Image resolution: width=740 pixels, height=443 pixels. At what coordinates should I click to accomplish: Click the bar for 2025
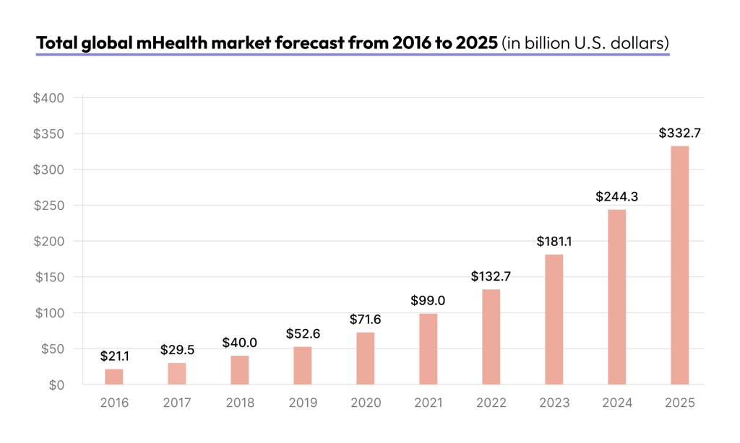click(679, 266)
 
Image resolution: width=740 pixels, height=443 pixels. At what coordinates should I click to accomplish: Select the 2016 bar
click(114, 377)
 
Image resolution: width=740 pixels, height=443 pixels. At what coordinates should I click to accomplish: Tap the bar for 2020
click(365, 359)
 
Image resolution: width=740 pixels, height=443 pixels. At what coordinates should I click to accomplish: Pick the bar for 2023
click(554, 320)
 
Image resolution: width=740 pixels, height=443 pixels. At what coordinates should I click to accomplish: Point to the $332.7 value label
click(679, 133)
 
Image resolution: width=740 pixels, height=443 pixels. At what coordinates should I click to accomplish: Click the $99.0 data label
click(428, 300)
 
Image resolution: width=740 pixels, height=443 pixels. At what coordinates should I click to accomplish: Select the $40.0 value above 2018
click(240, 343)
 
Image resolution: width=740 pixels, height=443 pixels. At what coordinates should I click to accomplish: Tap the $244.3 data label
click(616, 196)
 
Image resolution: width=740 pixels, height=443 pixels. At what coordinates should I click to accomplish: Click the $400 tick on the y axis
click(48, 97)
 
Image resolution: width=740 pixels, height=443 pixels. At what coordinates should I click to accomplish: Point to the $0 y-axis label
click(56, 385)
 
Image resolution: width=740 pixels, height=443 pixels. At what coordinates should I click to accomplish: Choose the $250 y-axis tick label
click(48, 206)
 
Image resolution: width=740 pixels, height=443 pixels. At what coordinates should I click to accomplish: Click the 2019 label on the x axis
click(302, 403)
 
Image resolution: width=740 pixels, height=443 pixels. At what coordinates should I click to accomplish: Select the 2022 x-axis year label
click(491, 403)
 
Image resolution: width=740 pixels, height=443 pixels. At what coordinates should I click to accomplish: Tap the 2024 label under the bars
click(616, 403)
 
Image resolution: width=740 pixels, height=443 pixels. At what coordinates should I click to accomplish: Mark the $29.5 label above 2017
click(177, 350)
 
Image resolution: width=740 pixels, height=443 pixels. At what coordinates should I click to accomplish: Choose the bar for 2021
click(428, 349)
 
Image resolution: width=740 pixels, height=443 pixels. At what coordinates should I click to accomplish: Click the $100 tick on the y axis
click(48, 313)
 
